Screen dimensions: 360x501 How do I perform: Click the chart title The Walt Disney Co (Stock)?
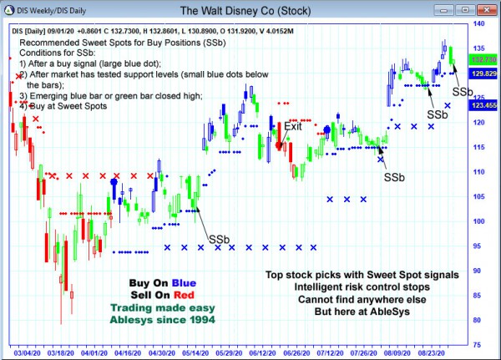tap(250, 12)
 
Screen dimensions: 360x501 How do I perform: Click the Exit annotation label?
tap(293, 126)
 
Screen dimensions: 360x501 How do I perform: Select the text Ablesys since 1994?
tap(163, 319)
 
